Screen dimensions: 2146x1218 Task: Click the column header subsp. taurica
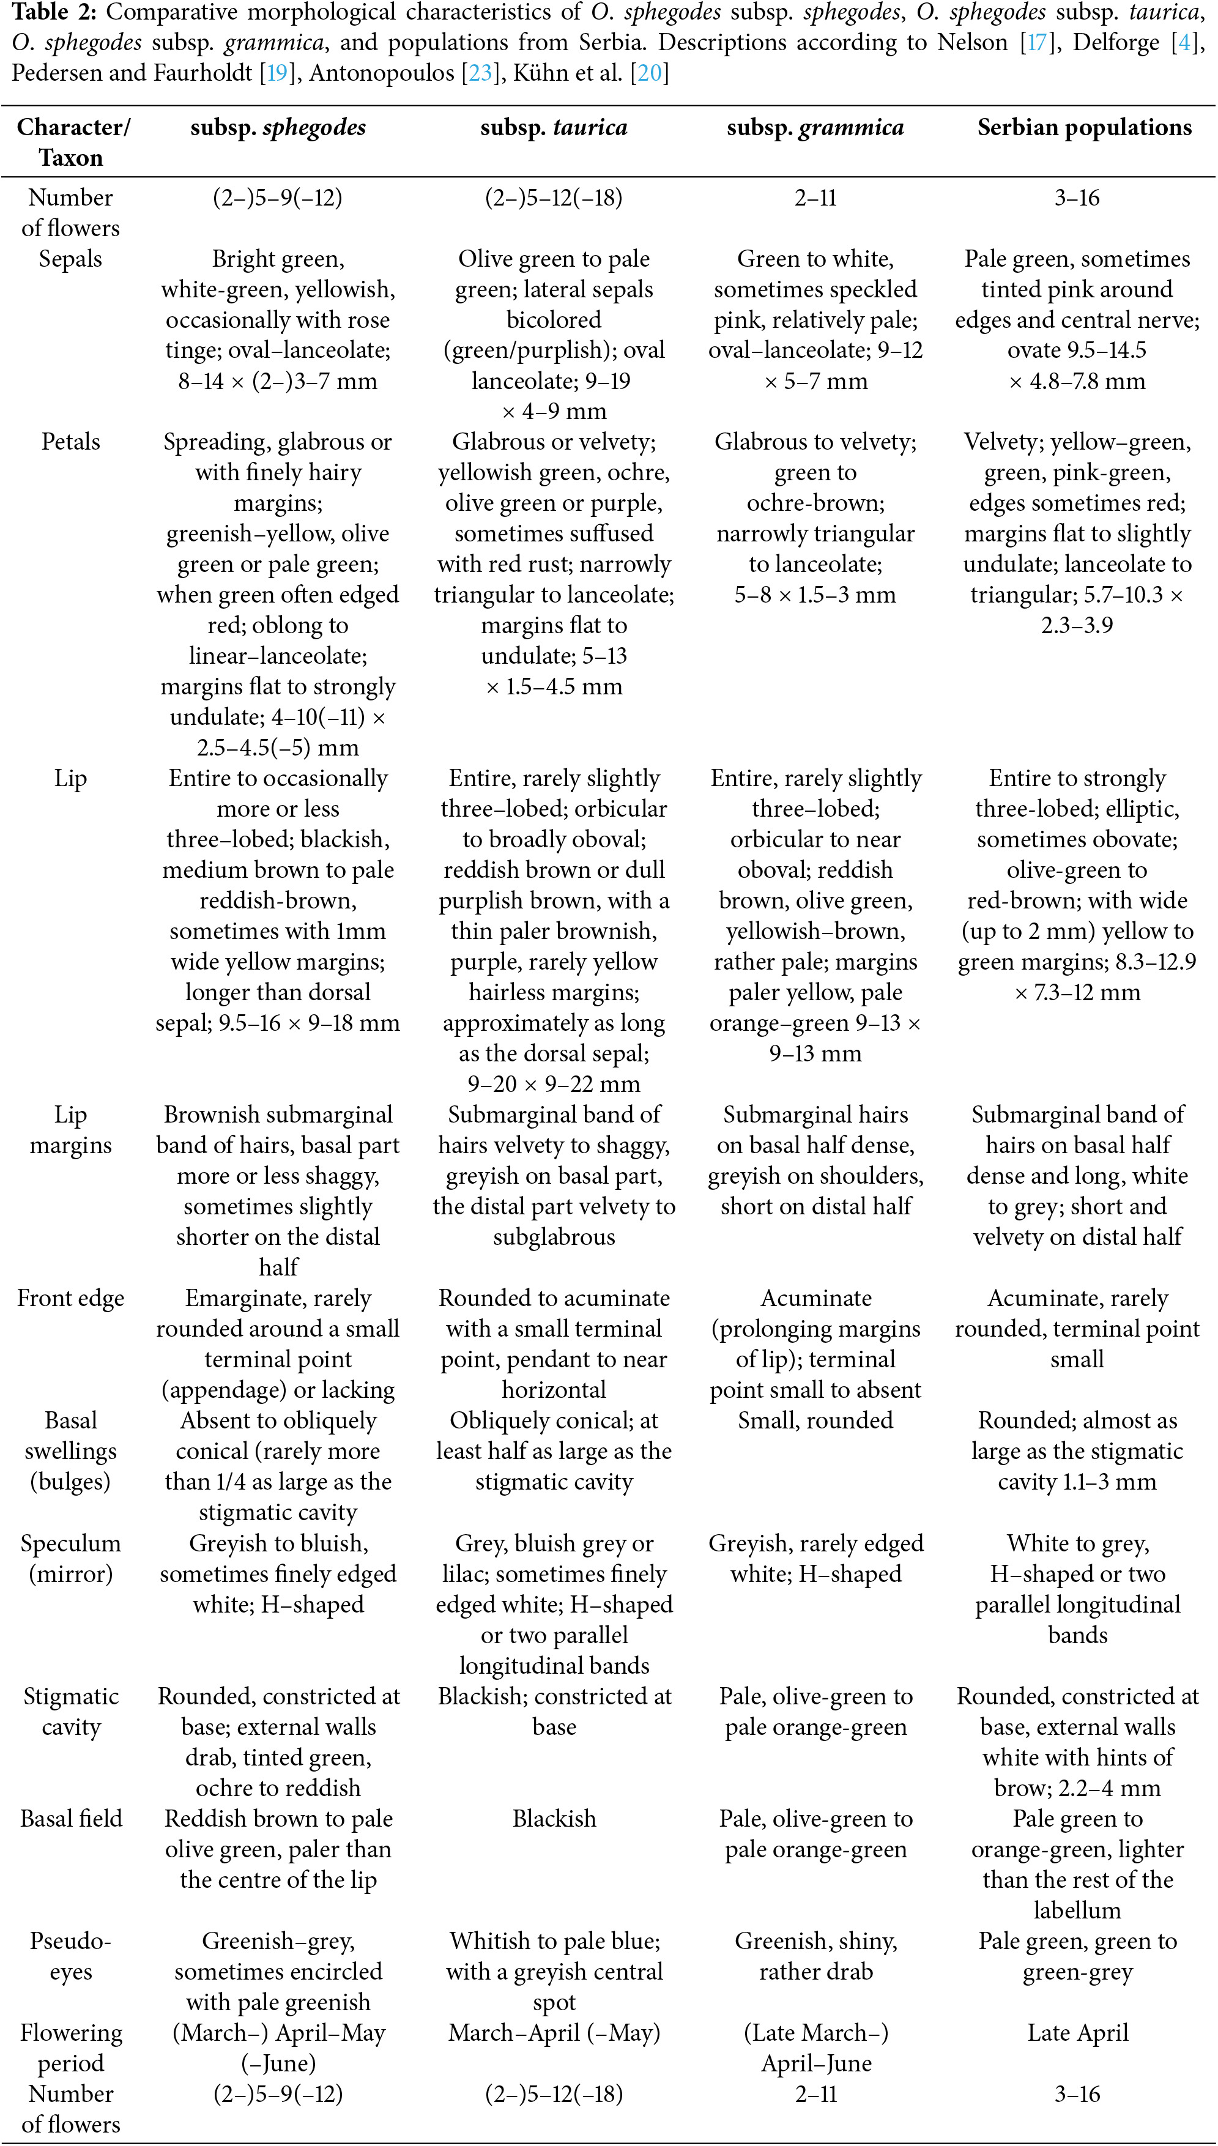(x=553, y=128)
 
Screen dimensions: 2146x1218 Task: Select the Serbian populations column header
(x=1084, y=128)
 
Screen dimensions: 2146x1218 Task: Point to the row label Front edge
(x=71, y=1298)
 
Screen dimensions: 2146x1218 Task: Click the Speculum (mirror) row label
(x=71, y=1558)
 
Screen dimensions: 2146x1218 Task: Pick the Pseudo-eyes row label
(x=71, y=1955)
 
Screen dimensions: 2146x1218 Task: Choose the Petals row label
(x=71, y=442)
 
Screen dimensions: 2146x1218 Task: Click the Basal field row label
(x=71, y=1818)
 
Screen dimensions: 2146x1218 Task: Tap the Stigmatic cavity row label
(x=71, y=1711)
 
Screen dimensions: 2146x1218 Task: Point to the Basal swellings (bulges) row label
(x=71, y=1451)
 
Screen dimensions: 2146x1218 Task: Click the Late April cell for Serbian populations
(x=1077, y=2032)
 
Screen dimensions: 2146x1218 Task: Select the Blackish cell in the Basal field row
(x=554, y=1818)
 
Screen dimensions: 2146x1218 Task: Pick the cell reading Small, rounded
(x=815, y=1420)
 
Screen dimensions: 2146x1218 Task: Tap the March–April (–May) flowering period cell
(x=554, y=2032)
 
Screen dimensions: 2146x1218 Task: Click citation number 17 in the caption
(x=1036, y=43)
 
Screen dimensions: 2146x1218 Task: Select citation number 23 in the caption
(x=480, y=73)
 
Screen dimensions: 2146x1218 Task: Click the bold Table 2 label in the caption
(x=52, y=13)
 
